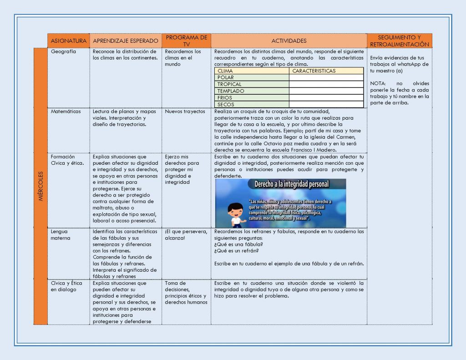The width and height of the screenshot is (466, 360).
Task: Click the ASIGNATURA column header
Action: coord(69,41)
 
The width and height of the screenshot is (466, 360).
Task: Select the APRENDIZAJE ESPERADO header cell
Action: coord(126,41)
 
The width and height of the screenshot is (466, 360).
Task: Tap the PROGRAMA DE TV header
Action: coord(187,41)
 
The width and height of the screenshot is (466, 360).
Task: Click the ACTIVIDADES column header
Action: coord(289,41)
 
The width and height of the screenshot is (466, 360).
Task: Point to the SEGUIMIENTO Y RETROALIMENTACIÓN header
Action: coord(400,41)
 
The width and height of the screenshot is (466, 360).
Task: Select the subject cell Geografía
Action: coord(63,51)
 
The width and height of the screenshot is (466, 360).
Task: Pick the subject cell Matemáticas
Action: coord(66,112)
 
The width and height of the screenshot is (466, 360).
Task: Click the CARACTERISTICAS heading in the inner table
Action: coord(314,71)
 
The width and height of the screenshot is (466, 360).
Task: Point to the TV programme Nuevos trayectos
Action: coord(185,112)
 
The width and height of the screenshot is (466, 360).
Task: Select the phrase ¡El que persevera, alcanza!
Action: coord(186,234)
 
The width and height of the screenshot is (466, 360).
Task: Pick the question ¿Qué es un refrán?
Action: coord(237,251)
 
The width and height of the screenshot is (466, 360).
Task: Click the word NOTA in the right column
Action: coord(377,84)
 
